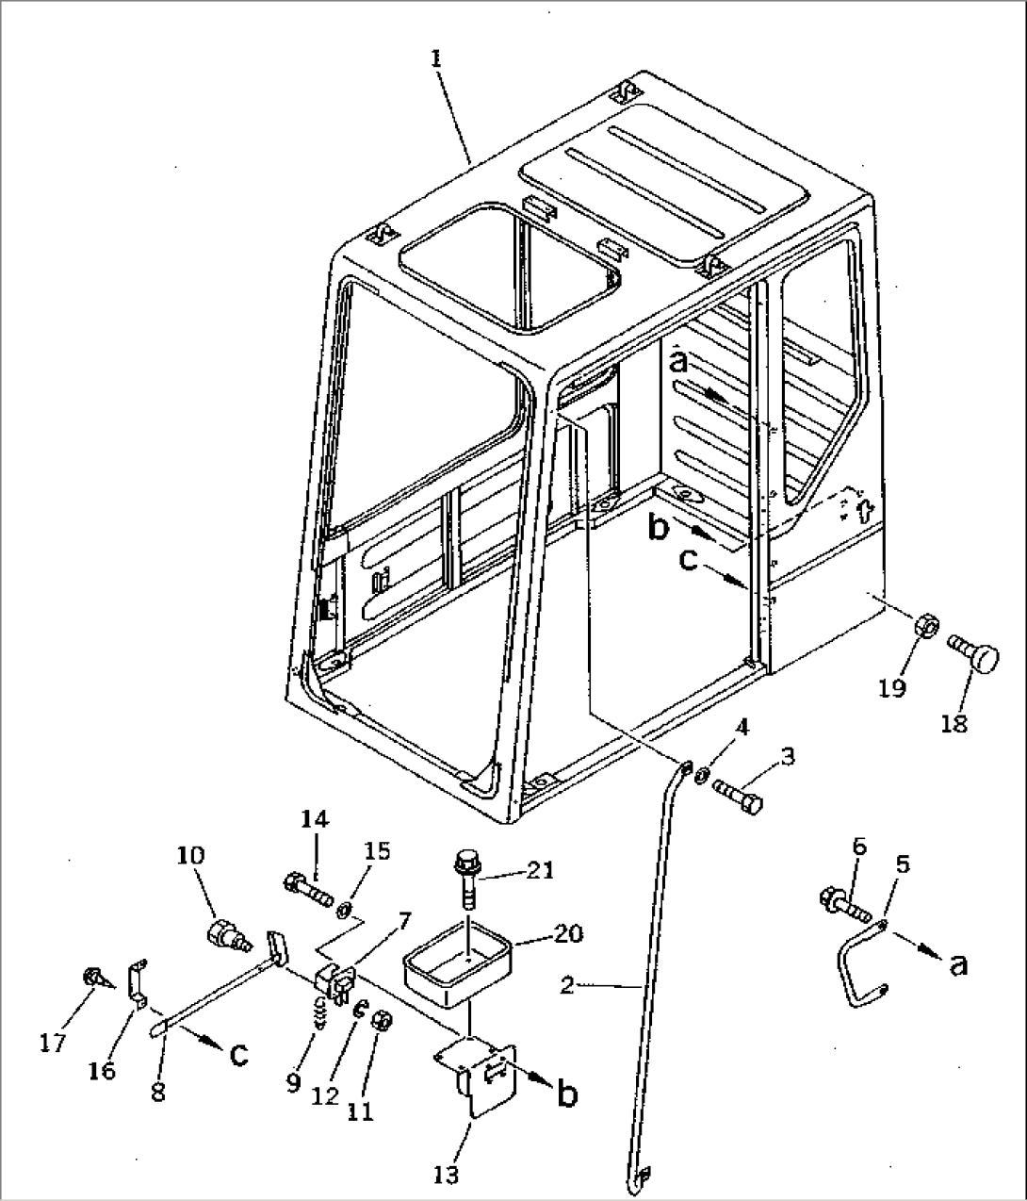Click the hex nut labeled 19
coord(925,626)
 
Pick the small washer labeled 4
coord(702,774)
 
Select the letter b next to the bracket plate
coord(566,1094)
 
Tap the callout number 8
coord(157,1092)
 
